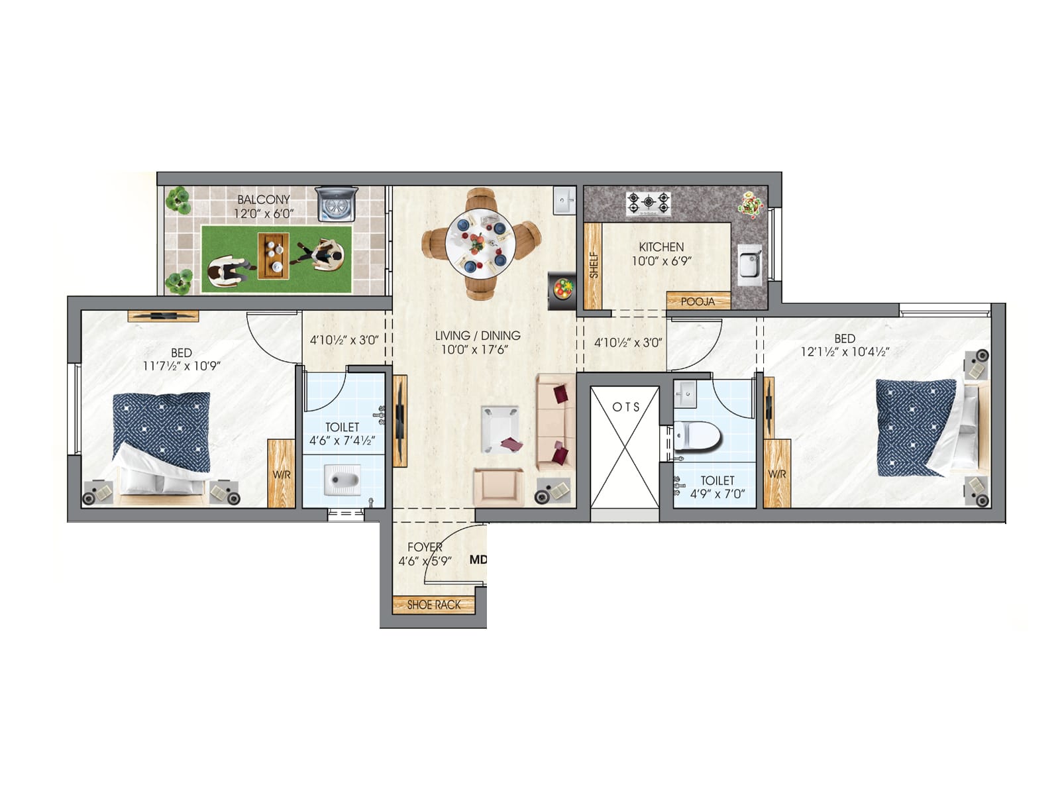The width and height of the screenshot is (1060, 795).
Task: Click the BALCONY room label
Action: click(x=264, y=199)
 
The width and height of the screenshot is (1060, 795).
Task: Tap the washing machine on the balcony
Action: click(x=337, y=203)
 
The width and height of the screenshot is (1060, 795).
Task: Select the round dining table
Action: click(x=480, y=243)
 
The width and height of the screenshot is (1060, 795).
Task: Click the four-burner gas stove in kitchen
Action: click(x=649, y=203)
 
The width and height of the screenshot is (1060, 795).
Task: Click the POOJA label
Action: click(x=698, y=301)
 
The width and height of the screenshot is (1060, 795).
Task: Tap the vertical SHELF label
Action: click(x=594, y=264)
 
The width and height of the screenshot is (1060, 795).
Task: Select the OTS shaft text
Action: click(x=625, y=407)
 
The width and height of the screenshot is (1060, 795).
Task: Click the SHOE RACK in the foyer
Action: click(x=434, y=605)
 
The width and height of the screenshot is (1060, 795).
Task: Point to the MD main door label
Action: click(x=478, y=560)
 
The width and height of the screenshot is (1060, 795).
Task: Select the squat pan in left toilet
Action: click(x=342, y=479)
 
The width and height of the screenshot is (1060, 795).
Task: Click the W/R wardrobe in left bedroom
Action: click(x=282, y=474)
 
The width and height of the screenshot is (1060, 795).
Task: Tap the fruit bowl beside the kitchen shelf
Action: click(x=562, y=290)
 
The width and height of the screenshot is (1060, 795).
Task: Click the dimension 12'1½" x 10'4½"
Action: click(x=845, y=352)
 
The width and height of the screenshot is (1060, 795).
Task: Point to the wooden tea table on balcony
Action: click(x=273, y=255)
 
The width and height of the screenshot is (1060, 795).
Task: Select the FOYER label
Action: click(x=425, y=547)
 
